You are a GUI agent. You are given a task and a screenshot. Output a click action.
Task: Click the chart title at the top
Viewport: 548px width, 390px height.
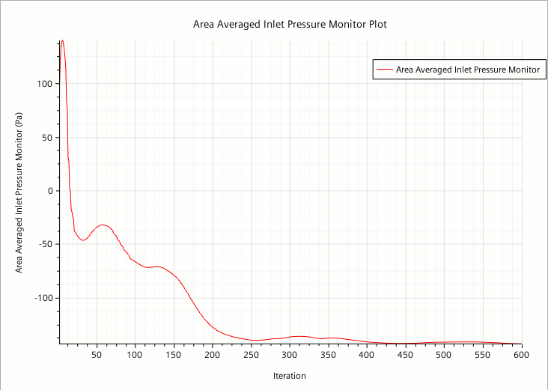click(290, 24)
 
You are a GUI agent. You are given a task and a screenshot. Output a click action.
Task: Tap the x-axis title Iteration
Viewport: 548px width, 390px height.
click(290, 376)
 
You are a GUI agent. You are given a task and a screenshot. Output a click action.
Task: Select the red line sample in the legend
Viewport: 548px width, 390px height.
click(385, 70)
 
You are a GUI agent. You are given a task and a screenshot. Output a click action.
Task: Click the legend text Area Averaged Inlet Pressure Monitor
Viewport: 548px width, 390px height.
click(467, 70)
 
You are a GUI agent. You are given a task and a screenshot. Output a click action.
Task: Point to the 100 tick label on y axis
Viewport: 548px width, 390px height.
click(45, 84)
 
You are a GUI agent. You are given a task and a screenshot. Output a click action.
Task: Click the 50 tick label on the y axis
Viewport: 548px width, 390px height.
click(48, 138)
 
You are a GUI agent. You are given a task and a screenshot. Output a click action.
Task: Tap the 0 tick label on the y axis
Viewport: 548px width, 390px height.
click(51, 191)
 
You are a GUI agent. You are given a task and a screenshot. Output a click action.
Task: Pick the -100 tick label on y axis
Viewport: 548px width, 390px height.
click(43, 298)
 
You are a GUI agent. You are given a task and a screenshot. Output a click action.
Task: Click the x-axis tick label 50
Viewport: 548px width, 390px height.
click(97, 355)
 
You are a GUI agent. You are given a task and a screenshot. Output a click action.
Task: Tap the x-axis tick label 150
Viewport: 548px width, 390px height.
click(174, 355)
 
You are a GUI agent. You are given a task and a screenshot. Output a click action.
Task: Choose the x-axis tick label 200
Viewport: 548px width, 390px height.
click(213, 355)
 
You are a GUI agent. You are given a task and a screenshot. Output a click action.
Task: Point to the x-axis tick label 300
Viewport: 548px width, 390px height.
click(290, 355)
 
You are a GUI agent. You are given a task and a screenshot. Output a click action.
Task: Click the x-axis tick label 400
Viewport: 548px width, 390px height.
click(367, 355)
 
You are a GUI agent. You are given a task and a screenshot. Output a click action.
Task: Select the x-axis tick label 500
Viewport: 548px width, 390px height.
click(444, 355)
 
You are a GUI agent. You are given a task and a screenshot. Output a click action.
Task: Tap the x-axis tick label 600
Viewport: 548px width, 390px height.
click(521, 355)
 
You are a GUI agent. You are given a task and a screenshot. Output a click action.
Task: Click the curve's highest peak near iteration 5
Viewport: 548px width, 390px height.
click(62, 40)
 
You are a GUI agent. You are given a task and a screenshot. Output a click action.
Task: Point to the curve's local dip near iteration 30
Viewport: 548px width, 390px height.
click(82, 240)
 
